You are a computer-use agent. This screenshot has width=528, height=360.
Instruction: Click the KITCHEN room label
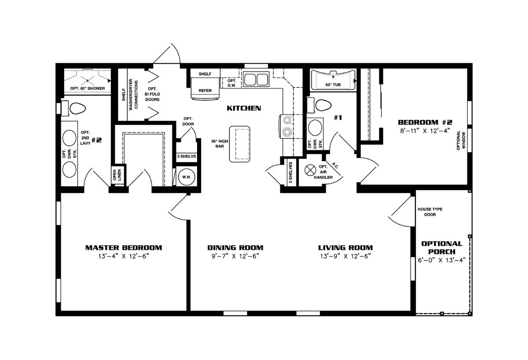click(x=244, y=108)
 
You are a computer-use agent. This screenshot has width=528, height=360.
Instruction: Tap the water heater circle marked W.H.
click(x=187, y=177)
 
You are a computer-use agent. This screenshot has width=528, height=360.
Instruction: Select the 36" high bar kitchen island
click(x=239, y=144)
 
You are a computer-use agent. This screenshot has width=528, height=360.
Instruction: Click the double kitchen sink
click(x=256, y=79)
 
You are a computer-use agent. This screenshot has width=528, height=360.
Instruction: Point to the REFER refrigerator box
click(x=205, y=88)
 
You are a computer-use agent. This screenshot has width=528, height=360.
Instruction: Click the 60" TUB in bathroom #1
click(x=333, y=81)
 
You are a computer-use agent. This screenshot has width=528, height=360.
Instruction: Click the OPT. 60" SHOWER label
click(x=88, y=88)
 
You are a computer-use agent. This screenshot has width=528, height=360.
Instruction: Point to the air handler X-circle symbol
click(x=310, y=170)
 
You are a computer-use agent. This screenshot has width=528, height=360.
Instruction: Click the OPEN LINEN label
click(x=117, y=175)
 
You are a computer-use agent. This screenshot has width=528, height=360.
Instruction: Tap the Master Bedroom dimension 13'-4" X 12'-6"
click(x=124, y=256)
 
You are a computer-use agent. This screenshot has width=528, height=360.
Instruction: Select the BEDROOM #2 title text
click(x=425, y=122)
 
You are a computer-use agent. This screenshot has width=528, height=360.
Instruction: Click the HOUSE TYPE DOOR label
click(x=430, y=212)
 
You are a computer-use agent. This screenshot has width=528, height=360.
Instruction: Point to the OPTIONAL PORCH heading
click(x=442, y=247)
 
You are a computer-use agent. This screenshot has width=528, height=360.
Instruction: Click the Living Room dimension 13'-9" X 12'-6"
click(x=345, y=256)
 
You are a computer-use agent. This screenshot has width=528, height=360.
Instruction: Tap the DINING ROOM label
click(x=235, y=248)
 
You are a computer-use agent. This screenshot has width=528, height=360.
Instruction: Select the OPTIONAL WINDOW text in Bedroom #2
click(x=461, y=140)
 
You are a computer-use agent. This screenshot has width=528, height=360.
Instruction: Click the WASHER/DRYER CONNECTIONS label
click(x=133, y=94)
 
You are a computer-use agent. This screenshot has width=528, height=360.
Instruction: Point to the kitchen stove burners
click(x=287, y=126)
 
